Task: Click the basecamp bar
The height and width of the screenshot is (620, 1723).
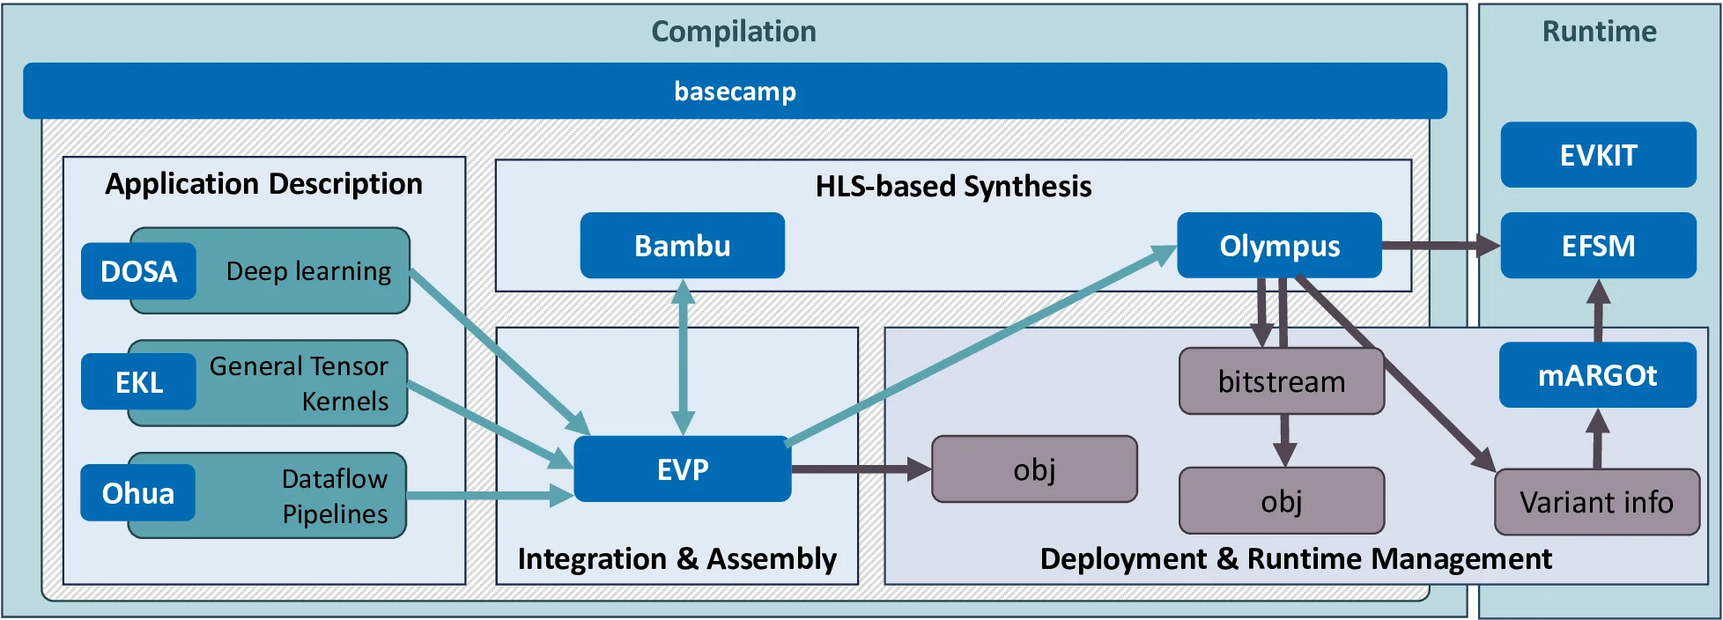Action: [x=735, y=91]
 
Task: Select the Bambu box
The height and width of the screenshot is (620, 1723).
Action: [x=682, y=246]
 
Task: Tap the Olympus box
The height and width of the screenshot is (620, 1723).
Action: [x=1279, y=246]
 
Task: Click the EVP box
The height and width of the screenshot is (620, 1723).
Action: [x=682, y=469]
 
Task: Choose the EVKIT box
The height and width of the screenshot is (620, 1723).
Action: [x=1598, y=155]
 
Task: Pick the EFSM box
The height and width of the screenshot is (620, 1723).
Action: [x=1598, y=246]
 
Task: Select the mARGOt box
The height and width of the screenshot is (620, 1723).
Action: [x=1597, y=375]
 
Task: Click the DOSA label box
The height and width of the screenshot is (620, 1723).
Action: [x=138, y=271]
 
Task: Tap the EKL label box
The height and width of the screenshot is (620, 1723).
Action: [x=138, y=382]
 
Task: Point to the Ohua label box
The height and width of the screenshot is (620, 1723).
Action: [x=137, y=493]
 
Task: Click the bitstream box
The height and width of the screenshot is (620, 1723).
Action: [x=1282, y=381]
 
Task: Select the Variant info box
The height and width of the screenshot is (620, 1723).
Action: [x=1596, y=502]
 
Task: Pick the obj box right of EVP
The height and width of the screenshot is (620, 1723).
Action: [x=1034, y=469]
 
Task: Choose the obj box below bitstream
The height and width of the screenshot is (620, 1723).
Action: [x=1282, y=501]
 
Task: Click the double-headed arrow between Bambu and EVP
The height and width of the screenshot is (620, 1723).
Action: [x=683, y=357]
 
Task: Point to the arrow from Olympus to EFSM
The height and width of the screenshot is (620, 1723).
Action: [x=1440, y=246]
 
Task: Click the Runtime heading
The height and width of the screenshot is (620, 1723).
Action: [x=1599, y=32]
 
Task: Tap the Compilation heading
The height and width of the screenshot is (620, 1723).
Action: [x=733, y=32]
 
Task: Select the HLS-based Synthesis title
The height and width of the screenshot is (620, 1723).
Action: [x=953, y=187]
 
